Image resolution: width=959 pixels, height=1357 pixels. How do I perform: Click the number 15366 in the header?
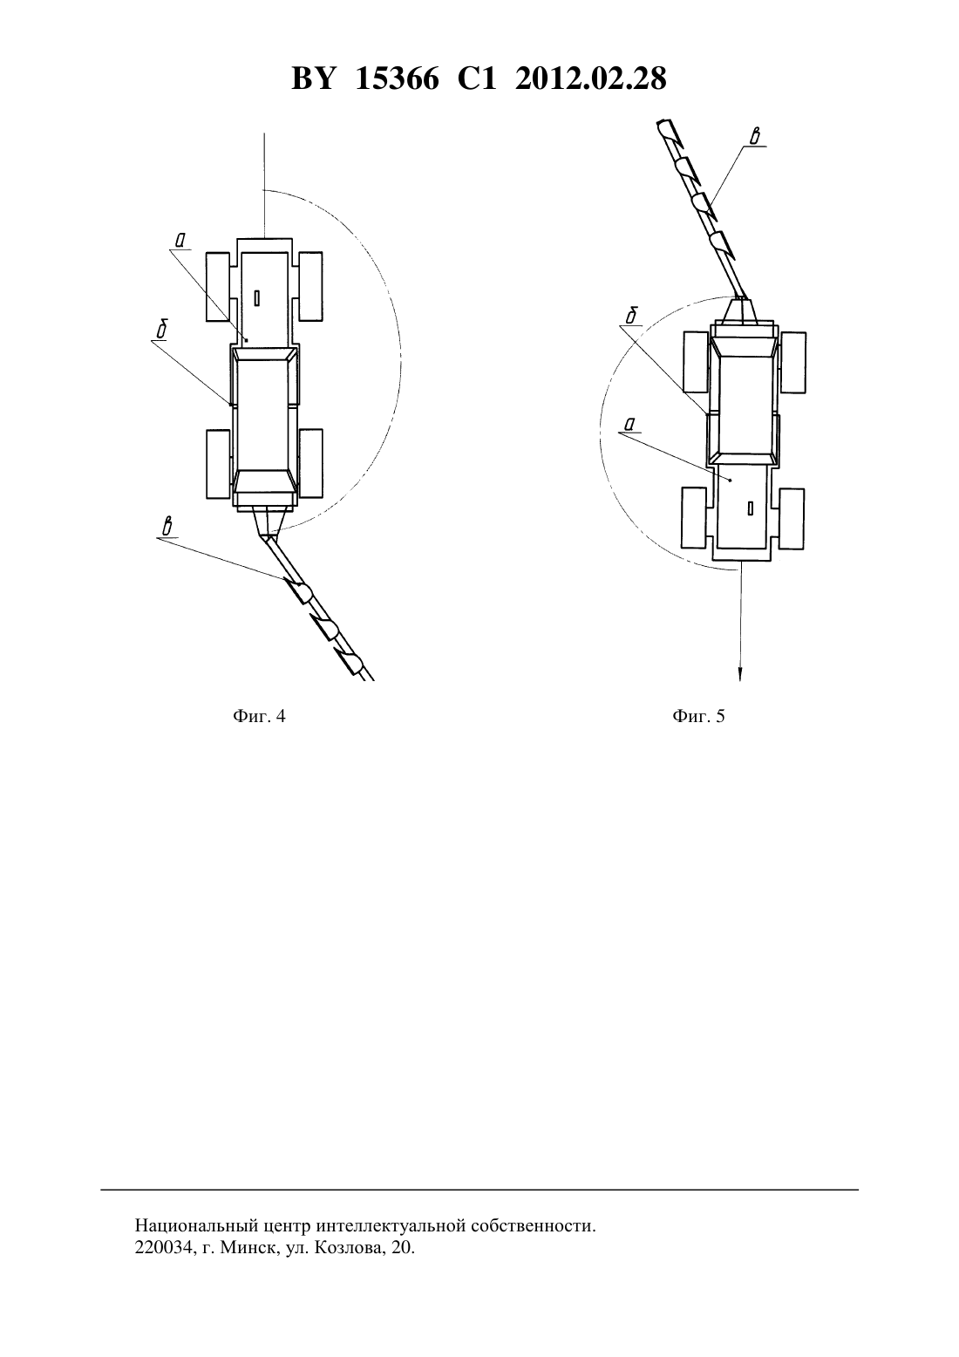pos(396,78)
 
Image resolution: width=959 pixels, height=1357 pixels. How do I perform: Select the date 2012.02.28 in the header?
pos(590,78)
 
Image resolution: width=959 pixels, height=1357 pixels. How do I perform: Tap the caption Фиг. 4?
pos(259,716)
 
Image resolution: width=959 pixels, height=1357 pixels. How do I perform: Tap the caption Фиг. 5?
pos(698,716)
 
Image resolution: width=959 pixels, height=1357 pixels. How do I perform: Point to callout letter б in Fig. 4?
pos(162,330)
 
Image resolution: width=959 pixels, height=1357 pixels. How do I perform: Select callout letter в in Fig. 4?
pos(167,527)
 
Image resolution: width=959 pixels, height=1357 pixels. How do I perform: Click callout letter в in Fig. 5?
pos(754,137)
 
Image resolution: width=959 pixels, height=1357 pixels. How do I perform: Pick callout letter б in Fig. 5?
pos(631,316)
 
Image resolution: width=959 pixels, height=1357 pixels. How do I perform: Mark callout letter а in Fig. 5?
pos(629,426)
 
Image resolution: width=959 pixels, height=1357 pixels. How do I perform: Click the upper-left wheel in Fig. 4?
pos(218,287)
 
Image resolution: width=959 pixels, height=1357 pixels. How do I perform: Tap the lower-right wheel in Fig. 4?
pos(311,463)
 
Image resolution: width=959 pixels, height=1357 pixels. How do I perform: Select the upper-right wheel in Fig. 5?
pos(793,362)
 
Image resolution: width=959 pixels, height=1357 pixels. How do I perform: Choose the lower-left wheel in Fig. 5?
pos(694,518)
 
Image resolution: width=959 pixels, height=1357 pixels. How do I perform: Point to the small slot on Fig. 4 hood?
pos(257,298)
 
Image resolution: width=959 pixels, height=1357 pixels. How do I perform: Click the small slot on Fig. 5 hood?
pos(751,508)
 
